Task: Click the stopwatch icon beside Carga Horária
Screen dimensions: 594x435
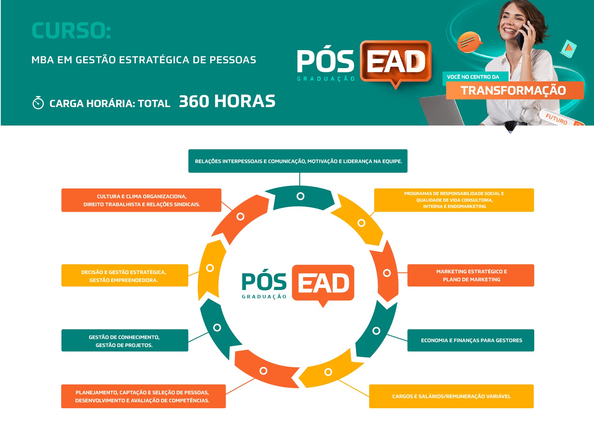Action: coord(38,103)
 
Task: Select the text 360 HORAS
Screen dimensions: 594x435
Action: coord(227,101)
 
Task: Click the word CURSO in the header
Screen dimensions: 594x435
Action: coord(71,31)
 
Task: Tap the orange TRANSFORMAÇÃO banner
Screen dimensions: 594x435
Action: coord(515,90)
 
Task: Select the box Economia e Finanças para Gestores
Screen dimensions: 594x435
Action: coord(471,340)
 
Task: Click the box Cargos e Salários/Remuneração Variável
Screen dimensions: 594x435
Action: coord(451,396)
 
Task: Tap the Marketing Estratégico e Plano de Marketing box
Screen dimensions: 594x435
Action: coord(471,275)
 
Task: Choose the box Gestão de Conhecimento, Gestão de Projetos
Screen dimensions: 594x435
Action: coord(125,340)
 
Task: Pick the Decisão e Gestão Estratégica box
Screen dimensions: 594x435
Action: coord(125,275)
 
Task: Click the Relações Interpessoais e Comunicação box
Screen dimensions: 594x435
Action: coord(298,161)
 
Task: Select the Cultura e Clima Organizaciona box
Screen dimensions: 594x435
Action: coord(141,200)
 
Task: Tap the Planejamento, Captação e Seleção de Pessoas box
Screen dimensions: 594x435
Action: coord(144,396)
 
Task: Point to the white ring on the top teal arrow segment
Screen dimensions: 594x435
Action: coord(300,196)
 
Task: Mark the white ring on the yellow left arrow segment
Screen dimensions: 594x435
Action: coord(210,268)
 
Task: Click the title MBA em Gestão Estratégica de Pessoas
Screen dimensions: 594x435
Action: coord(144,60)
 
